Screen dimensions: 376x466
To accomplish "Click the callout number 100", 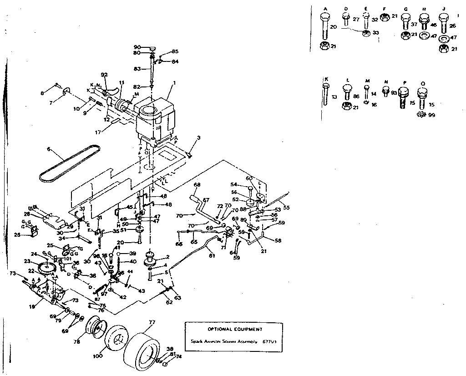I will [97, 356].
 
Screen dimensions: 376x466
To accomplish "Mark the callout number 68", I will [197, 184].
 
